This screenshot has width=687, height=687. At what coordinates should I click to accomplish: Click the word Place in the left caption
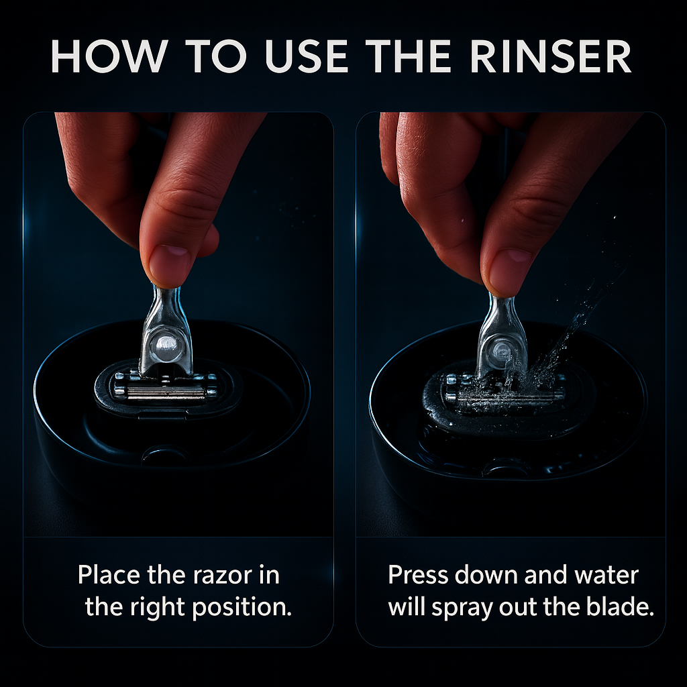[109, 575]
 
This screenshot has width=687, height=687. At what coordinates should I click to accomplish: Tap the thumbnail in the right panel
[507, 265]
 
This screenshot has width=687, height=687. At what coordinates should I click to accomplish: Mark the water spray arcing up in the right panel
[577, 322]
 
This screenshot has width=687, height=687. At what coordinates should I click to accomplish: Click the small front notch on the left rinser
[165, 456]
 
